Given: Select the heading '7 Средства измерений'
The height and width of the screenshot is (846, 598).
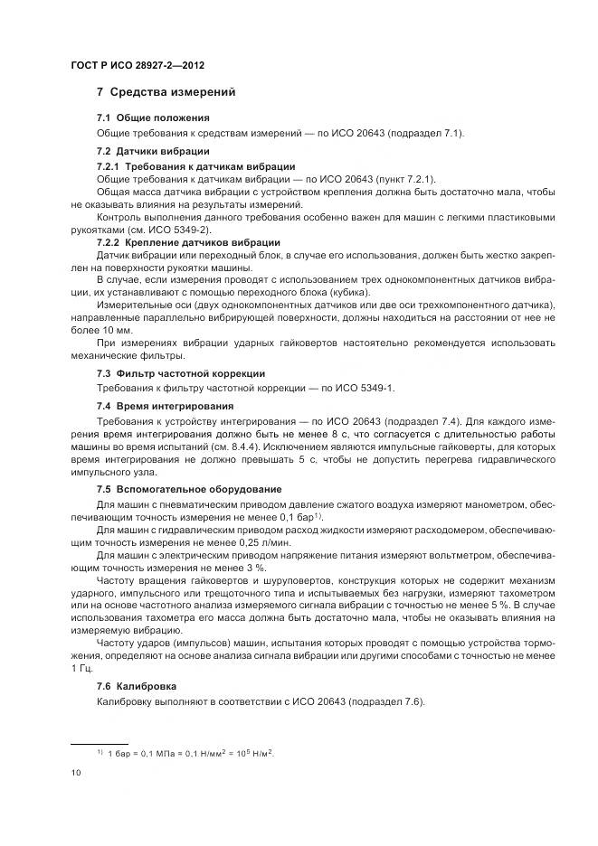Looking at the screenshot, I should click(x=166, y=92).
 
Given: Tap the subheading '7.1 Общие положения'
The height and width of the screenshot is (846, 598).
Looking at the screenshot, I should click(x=153, y=118).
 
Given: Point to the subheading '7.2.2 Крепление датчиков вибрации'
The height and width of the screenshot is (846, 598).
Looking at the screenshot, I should click(x=188, y=243).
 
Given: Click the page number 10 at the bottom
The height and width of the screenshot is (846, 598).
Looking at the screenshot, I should click(x=76, y=773).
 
